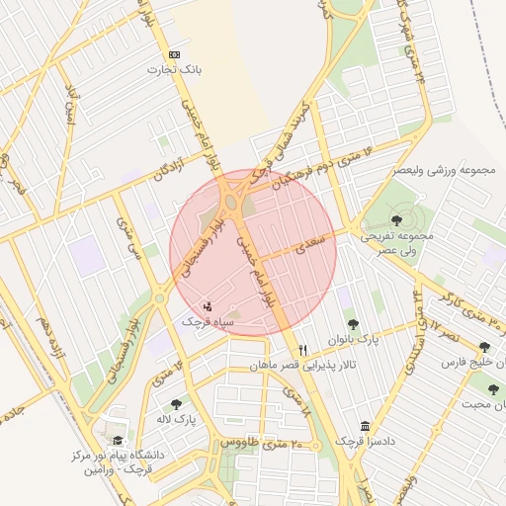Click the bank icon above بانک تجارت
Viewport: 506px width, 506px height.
pyautogui.click(x=175, y=54)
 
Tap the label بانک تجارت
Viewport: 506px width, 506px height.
pyautogui.click(x=174, y=70)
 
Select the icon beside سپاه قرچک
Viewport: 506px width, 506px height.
pyautogui.click(x=208, y=305)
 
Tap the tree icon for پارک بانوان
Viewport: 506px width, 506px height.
pyautogui.click(x=352, y=322)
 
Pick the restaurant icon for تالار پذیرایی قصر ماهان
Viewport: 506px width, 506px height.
pyautogui.click(x=302, y=350)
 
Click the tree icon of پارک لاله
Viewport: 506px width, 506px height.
pyautogui.click(x=176, y=403)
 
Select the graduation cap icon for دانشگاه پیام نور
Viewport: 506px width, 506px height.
pyautogui.click(x=119, y=441)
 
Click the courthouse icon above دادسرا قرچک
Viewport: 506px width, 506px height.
pyautogui.click(x=366, y=426)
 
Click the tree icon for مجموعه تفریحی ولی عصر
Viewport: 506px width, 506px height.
pyautogui.click(x=396, y=220)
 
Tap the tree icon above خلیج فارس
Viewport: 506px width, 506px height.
pyautogui.click(x=484, y=347)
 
